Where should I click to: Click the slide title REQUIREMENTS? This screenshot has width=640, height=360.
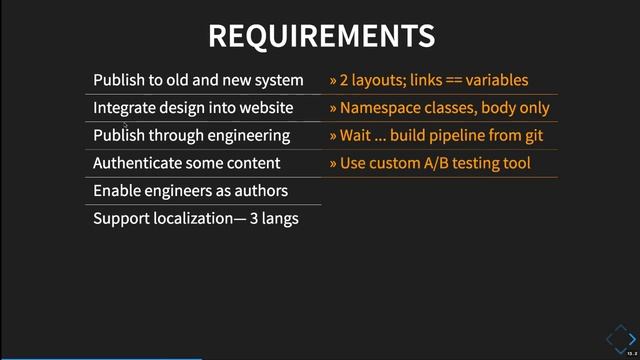320,36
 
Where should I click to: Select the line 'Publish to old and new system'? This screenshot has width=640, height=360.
198,80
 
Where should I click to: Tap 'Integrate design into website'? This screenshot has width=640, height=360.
193,108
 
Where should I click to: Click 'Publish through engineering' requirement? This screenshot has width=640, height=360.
191,135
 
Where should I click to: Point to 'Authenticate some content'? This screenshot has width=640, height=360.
186,163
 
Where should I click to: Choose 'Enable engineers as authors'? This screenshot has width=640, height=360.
190,190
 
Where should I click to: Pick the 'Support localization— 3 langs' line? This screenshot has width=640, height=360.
196,218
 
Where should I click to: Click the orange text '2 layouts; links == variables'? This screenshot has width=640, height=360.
433,80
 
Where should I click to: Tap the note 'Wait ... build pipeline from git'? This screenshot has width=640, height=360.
441,135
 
